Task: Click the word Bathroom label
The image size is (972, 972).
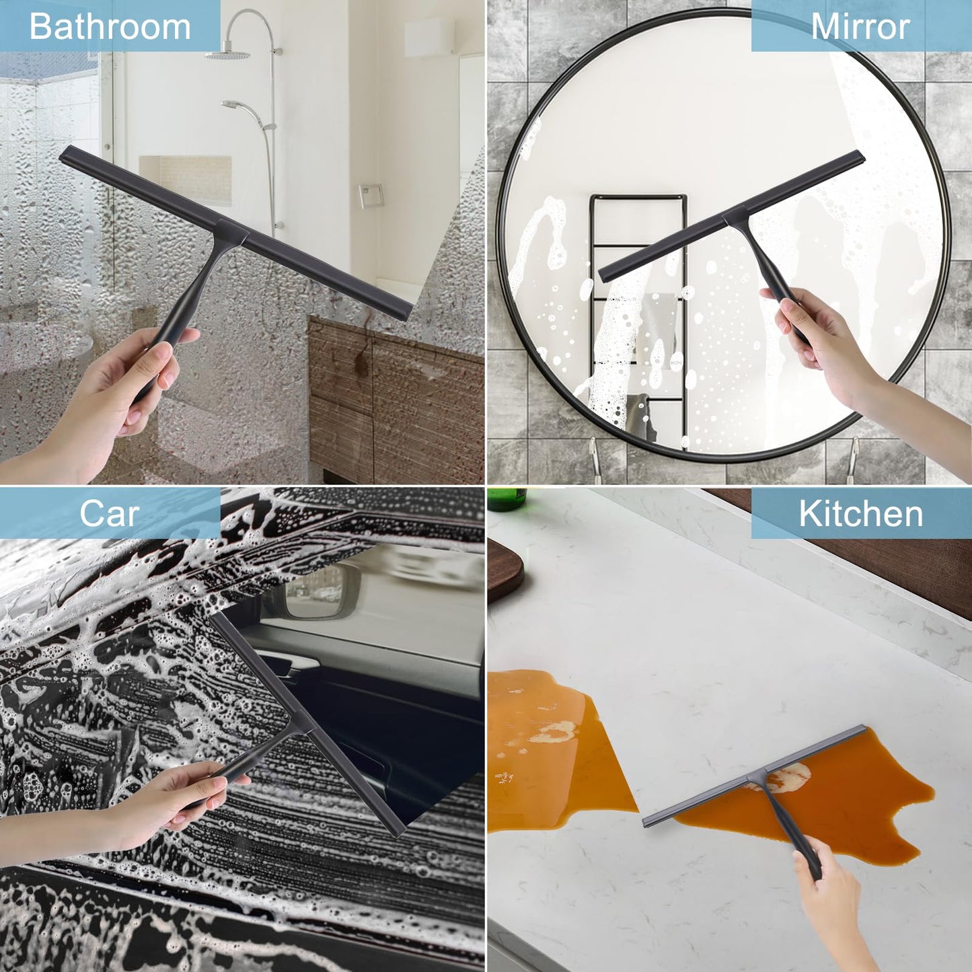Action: tap(110, 26)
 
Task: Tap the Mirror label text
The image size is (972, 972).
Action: tap(860, 26)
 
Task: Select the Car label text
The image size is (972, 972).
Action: tap(110, 514)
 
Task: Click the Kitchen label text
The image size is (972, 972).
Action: tap(860, 514)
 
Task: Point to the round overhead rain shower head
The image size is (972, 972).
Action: tap(227, 54)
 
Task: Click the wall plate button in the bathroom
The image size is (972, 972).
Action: tap(371, 196)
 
